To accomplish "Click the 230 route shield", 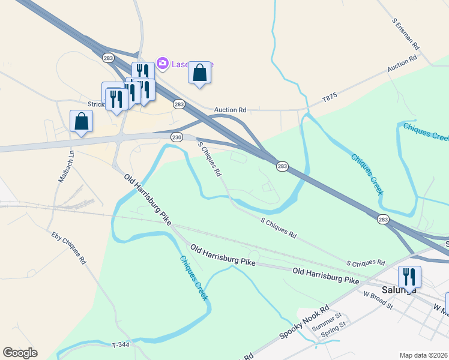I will [176, 137].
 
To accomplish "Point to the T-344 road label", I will [121, 344].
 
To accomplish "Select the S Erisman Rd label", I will [406, 33].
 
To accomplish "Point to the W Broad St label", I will [378, 300].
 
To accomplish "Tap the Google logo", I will [20, 353].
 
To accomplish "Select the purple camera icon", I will [161, 63].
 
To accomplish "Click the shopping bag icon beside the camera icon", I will [200, 73].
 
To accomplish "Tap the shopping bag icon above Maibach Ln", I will [81, 121].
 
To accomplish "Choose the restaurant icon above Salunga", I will [409, 276].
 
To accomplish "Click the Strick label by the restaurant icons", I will [96, 104].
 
